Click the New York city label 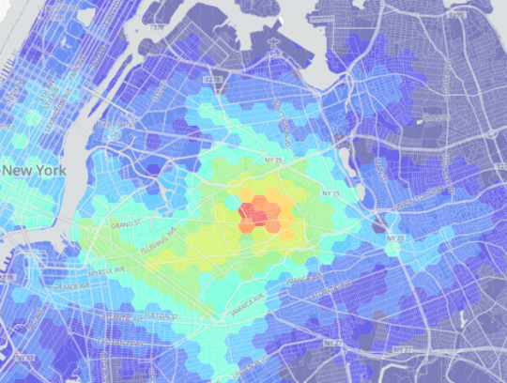click(x=33, y=171)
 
